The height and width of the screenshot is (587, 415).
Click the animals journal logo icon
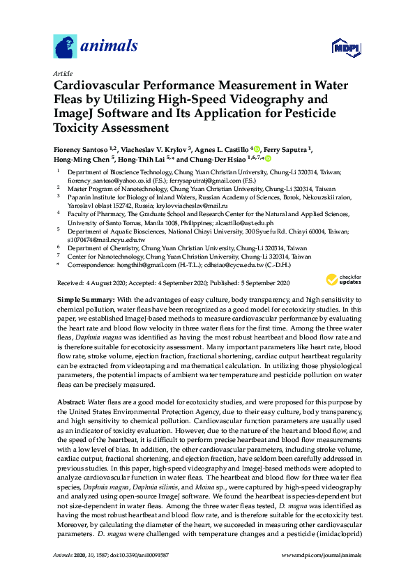[x=66, y=47]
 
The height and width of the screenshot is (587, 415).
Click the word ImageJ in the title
[x=75, y=114]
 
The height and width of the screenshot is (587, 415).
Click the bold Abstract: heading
[x=70, y=402]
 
